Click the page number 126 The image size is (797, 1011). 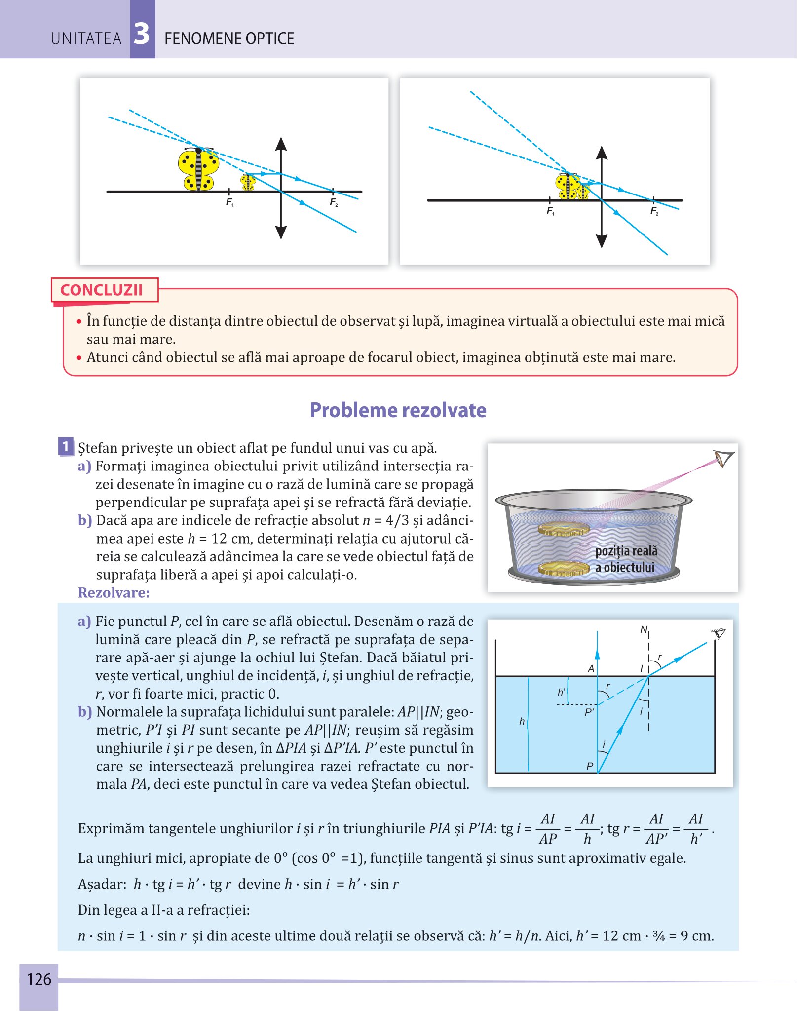(39, 979)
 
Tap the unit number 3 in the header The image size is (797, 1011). (142, 34)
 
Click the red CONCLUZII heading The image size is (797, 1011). (101, 290)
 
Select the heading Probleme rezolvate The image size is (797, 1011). (398, 410)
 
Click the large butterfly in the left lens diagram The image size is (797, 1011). (198, 169)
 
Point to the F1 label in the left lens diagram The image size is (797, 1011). (230, 202)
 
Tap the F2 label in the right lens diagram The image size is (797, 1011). (654, 211)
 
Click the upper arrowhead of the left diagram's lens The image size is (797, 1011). (281, 144)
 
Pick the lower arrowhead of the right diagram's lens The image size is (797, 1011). (602, 241)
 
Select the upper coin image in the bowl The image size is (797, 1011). (564, 529)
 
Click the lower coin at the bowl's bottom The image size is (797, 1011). (564, 569)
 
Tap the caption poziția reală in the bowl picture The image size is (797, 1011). (626, 551)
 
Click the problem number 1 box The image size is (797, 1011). (66, 446)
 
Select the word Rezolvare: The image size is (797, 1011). (114, 592)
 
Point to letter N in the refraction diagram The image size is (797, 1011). (644, 630)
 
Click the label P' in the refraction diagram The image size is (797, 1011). (589, 712)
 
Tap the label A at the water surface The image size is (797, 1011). (591, 669)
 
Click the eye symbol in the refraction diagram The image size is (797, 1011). (719, 634)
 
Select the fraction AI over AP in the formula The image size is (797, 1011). (548, 829)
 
